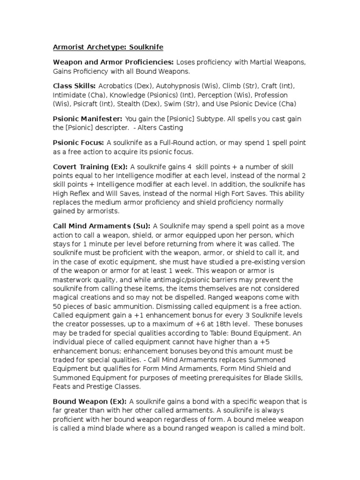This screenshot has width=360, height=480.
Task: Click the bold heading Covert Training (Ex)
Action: [x=90, y=167]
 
